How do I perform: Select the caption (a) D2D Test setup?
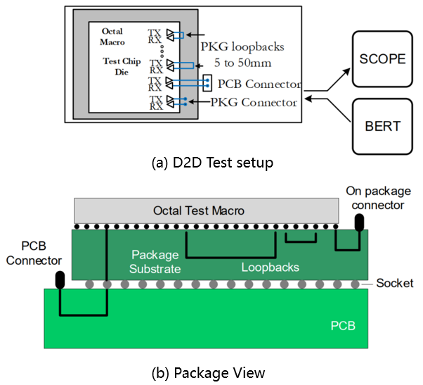pos(212,163)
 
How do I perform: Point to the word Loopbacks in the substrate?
pos(271,267)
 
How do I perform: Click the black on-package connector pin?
pos(359,222)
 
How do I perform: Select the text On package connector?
pos(376,198)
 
